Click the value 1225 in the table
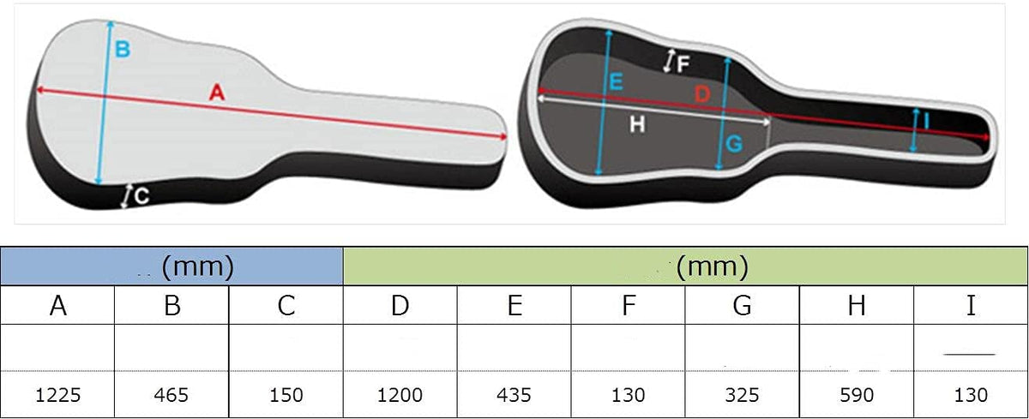(58, 395)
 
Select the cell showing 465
(171, 395)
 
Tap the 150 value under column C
(286, 395)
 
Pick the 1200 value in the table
(400, 395)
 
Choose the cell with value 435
(514, 395)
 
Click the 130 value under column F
(628, 395)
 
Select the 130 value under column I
(971, 395)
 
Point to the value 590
(857, 395)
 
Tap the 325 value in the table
(742, 395)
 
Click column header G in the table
(742, 305)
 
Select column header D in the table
(400, 305)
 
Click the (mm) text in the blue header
(198, 266)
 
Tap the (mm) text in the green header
(713, 266)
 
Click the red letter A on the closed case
(217, 93)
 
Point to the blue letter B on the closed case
(123, 49)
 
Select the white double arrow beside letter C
(126, 196)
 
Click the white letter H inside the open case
(637, 124)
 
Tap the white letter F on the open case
(683, 64)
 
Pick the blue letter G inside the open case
(734, 144)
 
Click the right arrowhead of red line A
(504, 136)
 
